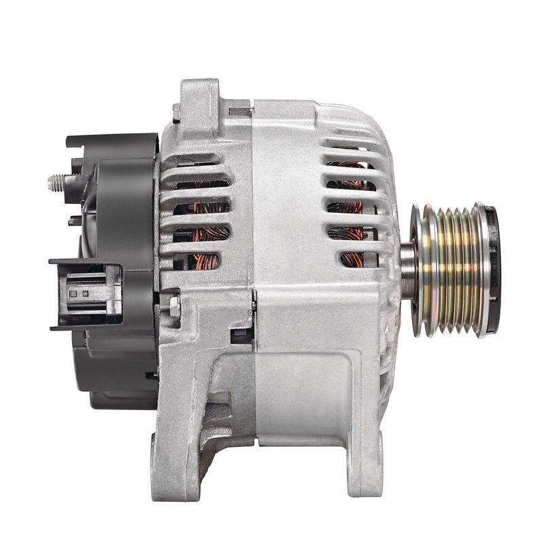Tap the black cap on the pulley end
pyautogui.click(x=491, y=269)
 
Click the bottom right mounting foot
pyautogui.click(x=361, y=469)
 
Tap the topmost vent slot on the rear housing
pyautogui.click(x=197, y=161)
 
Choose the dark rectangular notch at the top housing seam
pyautogui.click(x=239, y=109)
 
